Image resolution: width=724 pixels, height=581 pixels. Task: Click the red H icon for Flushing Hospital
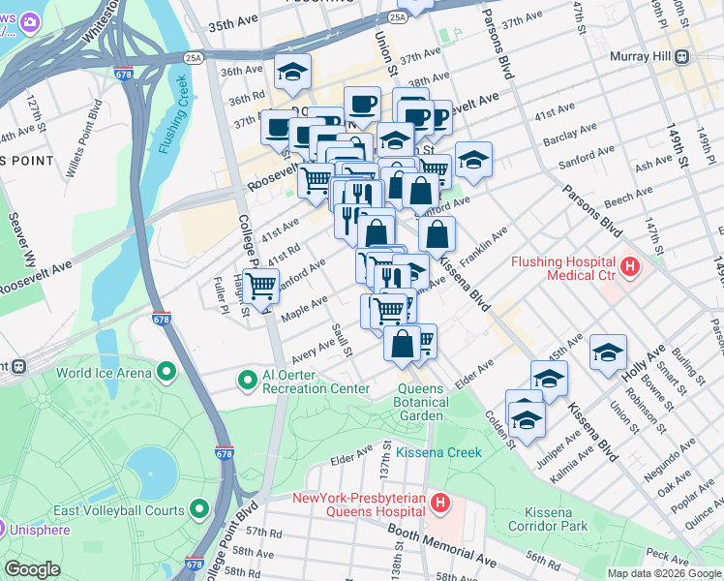coord(630,265)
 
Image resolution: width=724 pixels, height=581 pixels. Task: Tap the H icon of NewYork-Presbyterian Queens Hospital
coord(440,504)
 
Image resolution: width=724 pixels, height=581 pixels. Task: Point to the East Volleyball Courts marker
coord(200,508)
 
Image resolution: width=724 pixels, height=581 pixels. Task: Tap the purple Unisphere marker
coord(4,529)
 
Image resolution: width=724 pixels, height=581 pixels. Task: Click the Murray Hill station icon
coord(681,56)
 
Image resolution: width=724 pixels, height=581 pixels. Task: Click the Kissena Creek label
coord(438,452)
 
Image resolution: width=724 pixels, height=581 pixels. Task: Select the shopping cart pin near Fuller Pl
coord(259,286)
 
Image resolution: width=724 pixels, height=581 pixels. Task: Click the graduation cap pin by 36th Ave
coord(291,71)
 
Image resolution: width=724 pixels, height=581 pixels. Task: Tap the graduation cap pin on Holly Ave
coord(608,352)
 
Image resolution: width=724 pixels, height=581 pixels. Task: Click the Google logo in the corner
coord(32,568)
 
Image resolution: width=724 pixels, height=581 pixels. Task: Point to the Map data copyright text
coord(663,573)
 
